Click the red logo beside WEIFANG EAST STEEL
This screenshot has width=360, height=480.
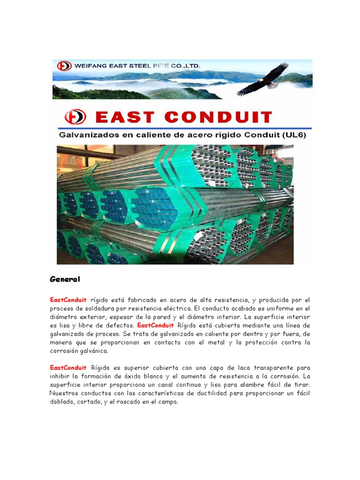(64, 66)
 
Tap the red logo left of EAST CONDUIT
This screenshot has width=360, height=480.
(75, 116)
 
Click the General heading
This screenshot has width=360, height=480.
(65, 279)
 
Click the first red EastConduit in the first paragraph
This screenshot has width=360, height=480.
(68, 300)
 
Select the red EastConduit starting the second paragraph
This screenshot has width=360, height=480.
(68, 367)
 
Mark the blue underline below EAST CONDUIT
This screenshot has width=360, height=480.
(185, 128)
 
